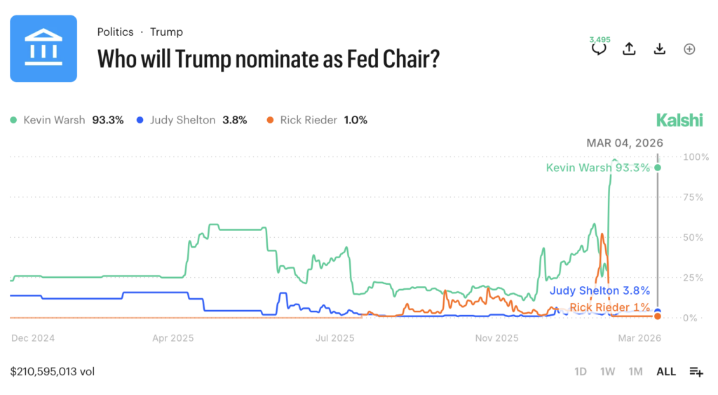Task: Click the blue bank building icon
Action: click(43, 48)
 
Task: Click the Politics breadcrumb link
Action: click(115, 32)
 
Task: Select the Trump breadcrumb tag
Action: click(166, 32)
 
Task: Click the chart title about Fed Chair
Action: click(268, 58)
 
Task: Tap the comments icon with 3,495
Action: click(599, 48)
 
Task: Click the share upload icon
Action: click(629, 48)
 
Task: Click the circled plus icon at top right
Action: click(689, 48)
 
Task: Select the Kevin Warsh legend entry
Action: click(67, 120)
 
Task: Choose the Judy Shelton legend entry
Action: click(191, 120)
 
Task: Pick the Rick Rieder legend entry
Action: click(317, 120)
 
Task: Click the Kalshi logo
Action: click(679, 120)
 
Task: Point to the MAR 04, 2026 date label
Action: click(624, 143)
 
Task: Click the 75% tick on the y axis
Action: click(693, 197)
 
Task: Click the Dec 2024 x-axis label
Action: click(33, 338)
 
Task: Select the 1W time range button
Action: click(607, 372)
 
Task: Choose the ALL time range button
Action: click(666, 372)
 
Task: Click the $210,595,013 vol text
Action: click(53, 372)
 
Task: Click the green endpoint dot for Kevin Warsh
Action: click(658, 167)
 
